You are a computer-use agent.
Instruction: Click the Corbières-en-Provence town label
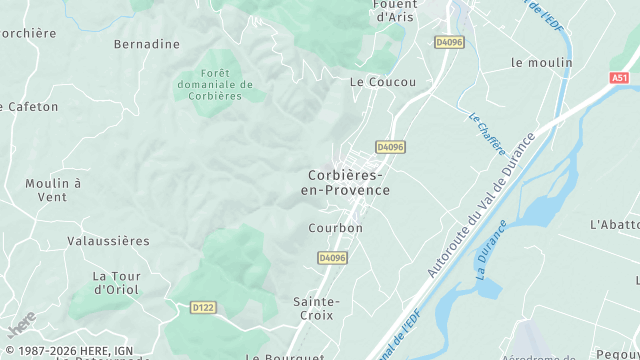pos(345,182)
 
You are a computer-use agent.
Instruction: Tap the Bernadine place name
pos(147,44)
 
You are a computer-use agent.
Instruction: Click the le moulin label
pos(542,62)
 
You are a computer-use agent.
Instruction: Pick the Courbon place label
pos(336,228)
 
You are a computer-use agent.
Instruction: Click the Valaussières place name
pos(108,241)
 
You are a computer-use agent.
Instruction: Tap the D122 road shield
pos(203,307)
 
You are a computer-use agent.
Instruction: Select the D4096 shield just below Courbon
pos(332,258)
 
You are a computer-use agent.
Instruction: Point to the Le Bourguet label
pos(286,356)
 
